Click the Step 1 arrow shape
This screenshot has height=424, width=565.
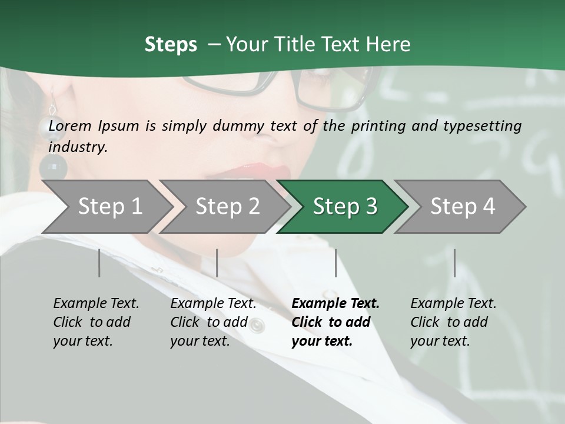click(x=106, y=207)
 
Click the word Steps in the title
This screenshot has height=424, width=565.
click(x=171, y=44)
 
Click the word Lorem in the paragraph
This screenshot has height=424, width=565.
click(x=68, y=125)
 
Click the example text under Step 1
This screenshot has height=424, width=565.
click(x=96, y=322)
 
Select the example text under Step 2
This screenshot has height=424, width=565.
click(x=213, y=322)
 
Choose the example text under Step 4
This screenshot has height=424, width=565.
click(x=453, y=322)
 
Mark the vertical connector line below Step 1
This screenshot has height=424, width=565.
click(x=99, y=263)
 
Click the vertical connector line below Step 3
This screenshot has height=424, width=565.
click(x=335, y=263)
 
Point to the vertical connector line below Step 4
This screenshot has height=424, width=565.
click(x=454, y=263)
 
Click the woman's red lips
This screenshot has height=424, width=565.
click(x=265, y=172)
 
